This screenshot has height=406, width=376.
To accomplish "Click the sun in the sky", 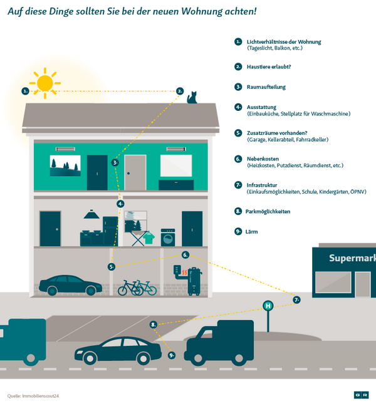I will (x=45, y=83).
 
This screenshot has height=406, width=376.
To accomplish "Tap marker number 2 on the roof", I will (x=180, y=91).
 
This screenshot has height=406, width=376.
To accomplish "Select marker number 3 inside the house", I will (x=115, y=162).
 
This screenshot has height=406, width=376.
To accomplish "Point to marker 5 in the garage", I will (x=112, y=266).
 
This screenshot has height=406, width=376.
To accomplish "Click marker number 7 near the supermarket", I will (x=296, y=300).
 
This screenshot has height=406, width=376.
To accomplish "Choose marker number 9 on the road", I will (x=172, y=355).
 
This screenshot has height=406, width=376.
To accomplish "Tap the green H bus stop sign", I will (x=268, y=306).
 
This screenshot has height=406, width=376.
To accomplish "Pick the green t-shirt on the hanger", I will (x=149, y=237).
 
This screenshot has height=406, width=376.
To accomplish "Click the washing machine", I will (x=169, y=237).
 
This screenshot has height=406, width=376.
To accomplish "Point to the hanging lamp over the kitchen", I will (x=91, y=215).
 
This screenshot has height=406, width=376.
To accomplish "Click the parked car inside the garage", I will (x=70, y=285).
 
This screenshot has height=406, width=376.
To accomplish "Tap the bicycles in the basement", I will (x=137, y=288).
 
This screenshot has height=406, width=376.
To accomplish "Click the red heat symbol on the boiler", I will (x=182, y=274).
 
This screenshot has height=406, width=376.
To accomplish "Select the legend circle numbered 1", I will (x=238, y=42).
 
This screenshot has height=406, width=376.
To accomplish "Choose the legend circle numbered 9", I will (x=238, y=231).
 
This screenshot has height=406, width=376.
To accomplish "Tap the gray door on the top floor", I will (x=135, y=172).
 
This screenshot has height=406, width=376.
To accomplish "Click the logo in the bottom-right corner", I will (x=360, y=395).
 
